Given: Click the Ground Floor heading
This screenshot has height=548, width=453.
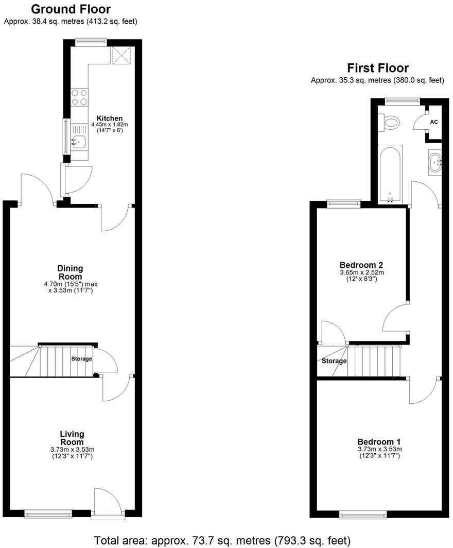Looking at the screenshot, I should (71, 9).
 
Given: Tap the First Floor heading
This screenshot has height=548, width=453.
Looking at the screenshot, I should (378, 68).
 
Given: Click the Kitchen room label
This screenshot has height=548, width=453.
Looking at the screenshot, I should (110, 118).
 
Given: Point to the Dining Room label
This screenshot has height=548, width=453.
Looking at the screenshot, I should (71, 272).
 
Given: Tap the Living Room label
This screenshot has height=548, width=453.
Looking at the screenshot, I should (72, 438).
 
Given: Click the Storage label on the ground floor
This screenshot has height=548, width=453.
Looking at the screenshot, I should (81, 359).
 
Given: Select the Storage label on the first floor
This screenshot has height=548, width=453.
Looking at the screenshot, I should (334, 361).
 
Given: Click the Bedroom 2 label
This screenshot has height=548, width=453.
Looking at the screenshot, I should (361, 265).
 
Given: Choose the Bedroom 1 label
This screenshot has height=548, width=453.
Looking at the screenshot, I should (379, 442).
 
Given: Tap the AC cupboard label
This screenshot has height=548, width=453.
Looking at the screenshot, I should (434, 122).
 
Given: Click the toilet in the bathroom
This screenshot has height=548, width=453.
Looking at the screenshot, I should (391, 123).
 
